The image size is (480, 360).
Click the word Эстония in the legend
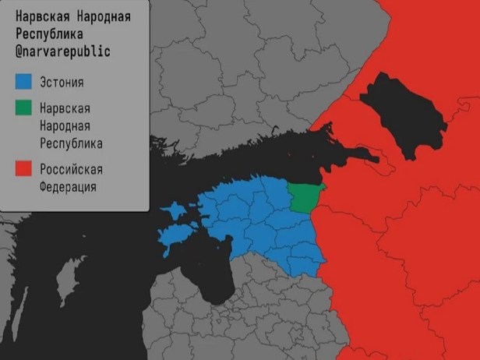62,83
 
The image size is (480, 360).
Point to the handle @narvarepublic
63,51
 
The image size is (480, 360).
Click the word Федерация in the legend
69,187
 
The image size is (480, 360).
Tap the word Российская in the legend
71,169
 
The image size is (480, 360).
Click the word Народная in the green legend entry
65,125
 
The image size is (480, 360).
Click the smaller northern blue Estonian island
177,211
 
